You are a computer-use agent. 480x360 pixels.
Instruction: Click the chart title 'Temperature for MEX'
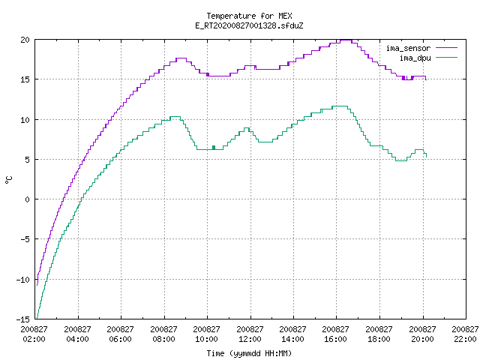(249, 16)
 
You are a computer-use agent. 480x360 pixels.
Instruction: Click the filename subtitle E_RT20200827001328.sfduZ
(249, 25)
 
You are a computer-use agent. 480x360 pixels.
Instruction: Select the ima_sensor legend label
(408, 48)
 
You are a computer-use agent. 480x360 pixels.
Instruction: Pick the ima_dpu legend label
(415, 58)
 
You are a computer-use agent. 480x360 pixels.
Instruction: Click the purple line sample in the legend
(447, 48)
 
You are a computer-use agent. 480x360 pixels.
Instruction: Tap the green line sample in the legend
(447, 57)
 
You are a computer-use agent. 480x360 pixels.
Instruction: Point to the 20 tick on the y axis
(25, 40)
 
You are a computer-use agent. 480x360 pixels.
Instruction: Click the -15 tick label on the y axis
(23, 319)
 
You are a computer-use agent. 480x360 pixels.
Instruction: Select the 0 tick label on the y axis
(27, 199)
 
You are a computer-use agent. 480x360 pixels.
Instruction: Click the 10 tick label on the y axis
(25, 120)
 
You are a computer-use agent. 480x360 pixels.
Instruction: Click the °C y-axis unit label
(8, 180)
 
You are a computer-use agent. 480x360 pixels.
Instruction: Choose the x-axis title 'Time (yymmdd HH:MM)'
(249, 353)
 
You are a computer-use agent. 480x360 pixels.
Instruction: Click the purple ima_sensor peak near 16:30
(346, 40)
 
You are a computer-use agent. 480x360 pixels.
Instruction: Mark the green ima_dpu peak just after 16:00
(340, 106)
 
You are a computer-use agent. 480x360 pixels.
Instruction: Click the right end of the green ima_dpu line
(427, 157)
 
